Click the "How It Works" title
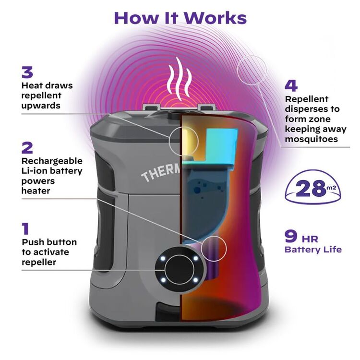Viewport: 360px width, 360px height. tap(180, 17)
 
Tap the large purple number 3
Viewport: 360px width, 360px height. tap(27, 72)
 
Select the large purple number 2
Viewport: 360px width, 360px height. tap(27, 147)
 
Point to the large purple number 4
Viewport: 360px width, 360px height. tap(291, 86)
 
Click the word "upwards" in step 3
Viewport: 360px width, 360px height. tap(41, 105)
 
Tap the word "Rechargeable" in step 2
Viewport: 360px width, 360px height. tap(52, 161)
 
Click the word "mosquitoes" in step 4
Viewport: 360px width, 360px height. tap(312, 139)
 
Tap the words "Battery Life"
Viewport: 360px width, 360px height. tap(313, 250)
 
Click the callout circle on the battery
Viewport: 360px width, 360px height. tap(212, 248)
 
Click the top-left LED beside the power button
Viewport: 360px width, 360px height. tap(163, 258)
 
